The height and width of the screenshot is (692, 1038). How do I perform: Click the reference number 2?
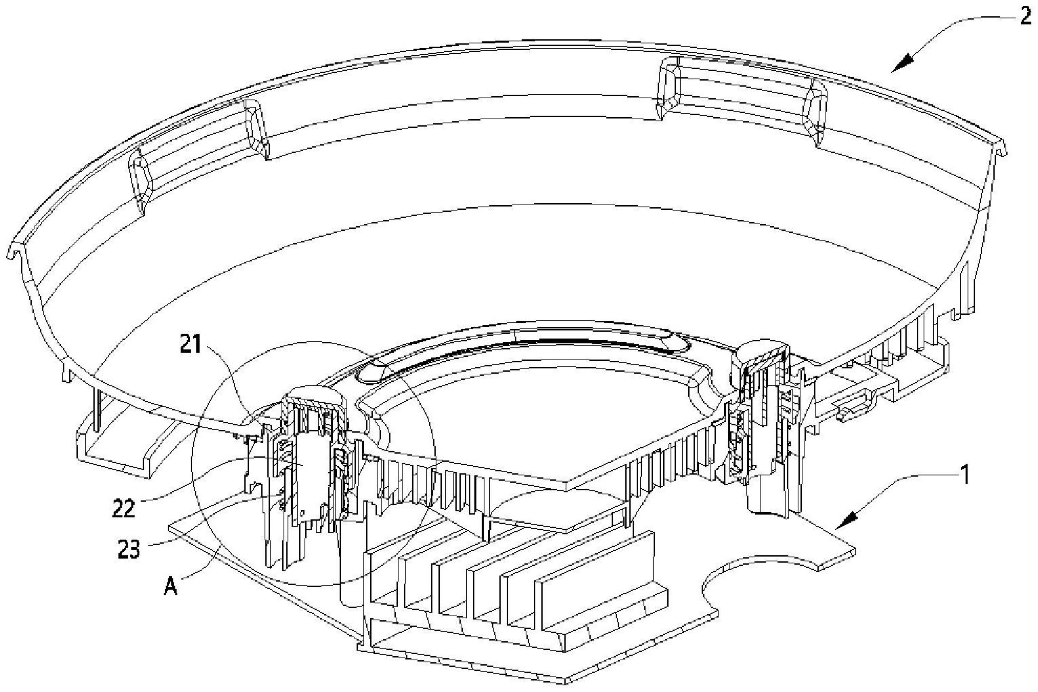(x=1025, y=15)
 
